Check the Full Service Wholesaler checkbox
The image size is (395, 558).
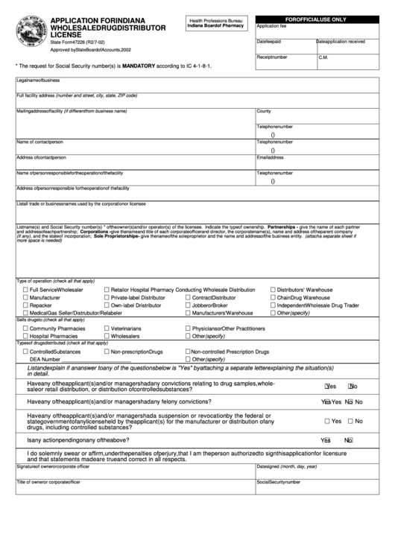(x=26, y=288)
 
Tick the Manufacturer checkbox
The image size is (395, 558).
(x=26, y=297)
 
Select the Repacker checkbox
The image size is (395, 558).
(x=26, y=305)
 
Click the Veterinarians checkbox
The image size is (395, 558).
(x=106, y=328)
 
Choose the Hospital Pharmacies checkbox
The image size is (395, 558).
(x=26, y=336)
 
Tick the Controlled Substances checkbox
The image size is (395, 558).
(x=26, y=351)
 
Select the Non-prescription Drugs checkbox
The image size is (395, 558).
(x=106, y=351)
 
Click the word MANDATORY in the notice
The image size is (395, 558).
(x=156, y=66)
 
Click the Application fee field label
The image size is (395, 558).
(x=271, y=25)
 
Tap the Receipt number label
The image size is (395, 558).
(x=272, y=56)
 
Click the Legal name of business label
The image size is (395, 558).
(x=39, y=78)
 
